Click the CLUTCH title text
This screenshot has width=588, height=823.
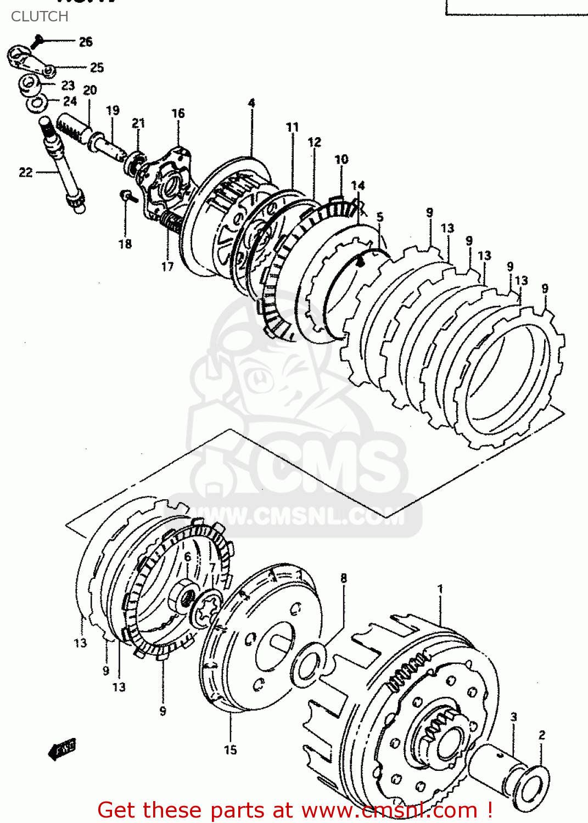coord(40,16)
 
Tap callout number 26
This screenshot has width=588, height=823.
coord(86,42)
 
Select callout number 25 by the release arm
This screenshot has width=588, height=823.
coord(97,67)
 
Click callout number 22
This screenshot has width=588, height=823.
coord(26,173)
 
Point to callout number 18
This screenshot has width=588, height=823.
coord(125,244)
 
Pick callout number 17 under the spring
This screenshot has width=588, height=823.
coord(167,267)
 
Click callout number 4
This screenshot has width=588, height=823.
coord(251,103)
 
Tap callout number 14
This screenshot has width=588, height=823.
coord(358,186)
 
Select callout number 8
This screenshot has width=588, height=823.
coord(344,578)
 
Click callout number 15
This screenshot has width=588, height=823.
coord(231,749)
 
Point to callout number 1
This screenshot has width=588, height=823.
coord(440,589)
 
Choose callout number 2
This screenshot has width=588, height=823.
coord(542,735)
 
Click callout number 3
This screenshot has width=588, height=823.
coord(514,717)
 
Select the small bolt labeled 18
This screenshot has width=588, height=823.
coord(126,195)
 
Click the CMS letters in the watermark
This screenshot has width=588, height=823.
coord(324,466)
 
